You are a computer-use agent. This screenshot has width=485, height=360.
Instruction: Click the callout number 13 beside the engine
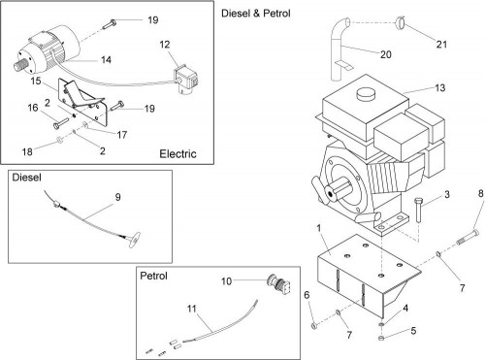pyautogui.click(x=440, y=88)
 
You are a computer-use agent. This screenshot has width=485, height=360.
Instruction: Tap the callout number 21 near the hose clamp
pyautogui.click(x=441, y=45)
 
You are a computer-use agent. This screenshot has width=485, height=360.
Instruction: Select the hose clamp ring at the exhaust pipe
pyautogui.click(x=400, y=22)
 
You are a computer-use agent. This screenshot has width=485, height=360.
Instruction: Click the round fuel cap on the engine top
pyautogui.click(x=367, y=94)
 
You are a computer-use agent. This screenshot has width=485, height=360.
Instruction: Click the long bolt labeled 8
pyautogui.click(x=469, y=237)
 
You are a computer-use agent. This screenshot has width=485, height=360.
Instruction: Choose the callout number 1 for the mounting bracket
pyautogui.click(x=319, y=228)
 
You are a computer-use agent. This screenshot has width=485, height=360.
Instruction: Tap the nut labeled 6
pyautogui.click(x=314, y=326)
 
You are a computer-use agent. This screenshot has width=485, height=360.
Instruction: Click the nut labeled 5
pyautogui.click(x=381, y=338)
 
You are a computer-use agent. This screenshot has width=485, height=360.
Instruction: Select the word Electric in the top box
pyautogui.click(x=178, y=153)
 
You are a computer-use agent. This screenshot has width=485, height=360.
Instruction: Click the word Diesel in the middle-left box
pyautogui.click(x=26, y=178)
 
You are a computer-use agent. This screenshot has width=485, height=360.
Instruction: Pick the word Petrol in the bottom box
pyautogui.click(x=153, y=276)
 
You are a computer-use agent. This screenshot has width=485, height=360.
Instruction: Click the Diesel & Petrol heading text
pyautogui.click(x=256, y=14)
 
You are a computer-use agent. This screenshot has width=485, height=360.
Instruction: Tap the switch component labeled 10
pyautogui.click(x=279, y=283)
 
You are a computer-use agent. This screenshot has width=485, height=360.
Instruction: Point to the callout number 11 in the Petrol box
pyautogui.click(x=192, y=309)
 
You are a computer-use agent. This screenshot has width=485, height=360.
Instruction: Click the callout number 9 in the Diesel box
pyautogui.click(x=117, y=197)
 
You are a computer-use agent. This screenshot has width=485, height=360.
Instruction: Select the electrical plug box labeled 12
pyautogui.click(x=186, y=81)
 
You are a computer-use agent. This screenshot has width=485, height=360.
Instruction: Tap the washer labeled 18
pyautogui.click(x=59, y=140)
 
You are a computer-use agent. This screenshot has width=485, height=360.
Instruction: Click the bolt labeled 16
pyautogui.click(x=61, y=123)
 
